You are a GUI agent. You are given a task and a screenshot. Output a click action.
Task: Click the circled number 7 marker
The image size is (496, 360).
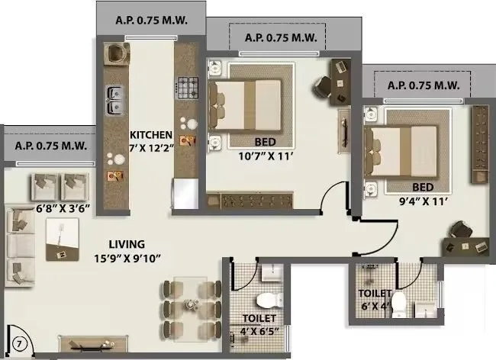click(x=16, y=343)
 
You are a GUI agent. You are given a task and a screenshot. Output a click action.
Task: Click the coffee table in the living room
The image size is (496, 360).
click(x=62, y=236)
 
